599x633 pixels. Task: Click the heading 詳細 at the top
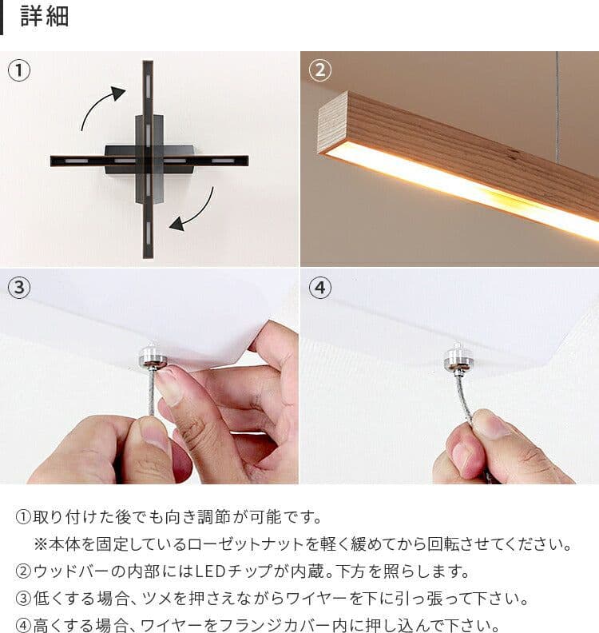[45, 17]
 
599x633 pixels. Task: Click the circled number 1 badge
[19, 70]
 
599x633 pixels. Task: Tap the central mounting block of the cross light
[149, 160]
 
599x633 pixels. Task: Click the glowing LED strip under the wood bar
[463, 192]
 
